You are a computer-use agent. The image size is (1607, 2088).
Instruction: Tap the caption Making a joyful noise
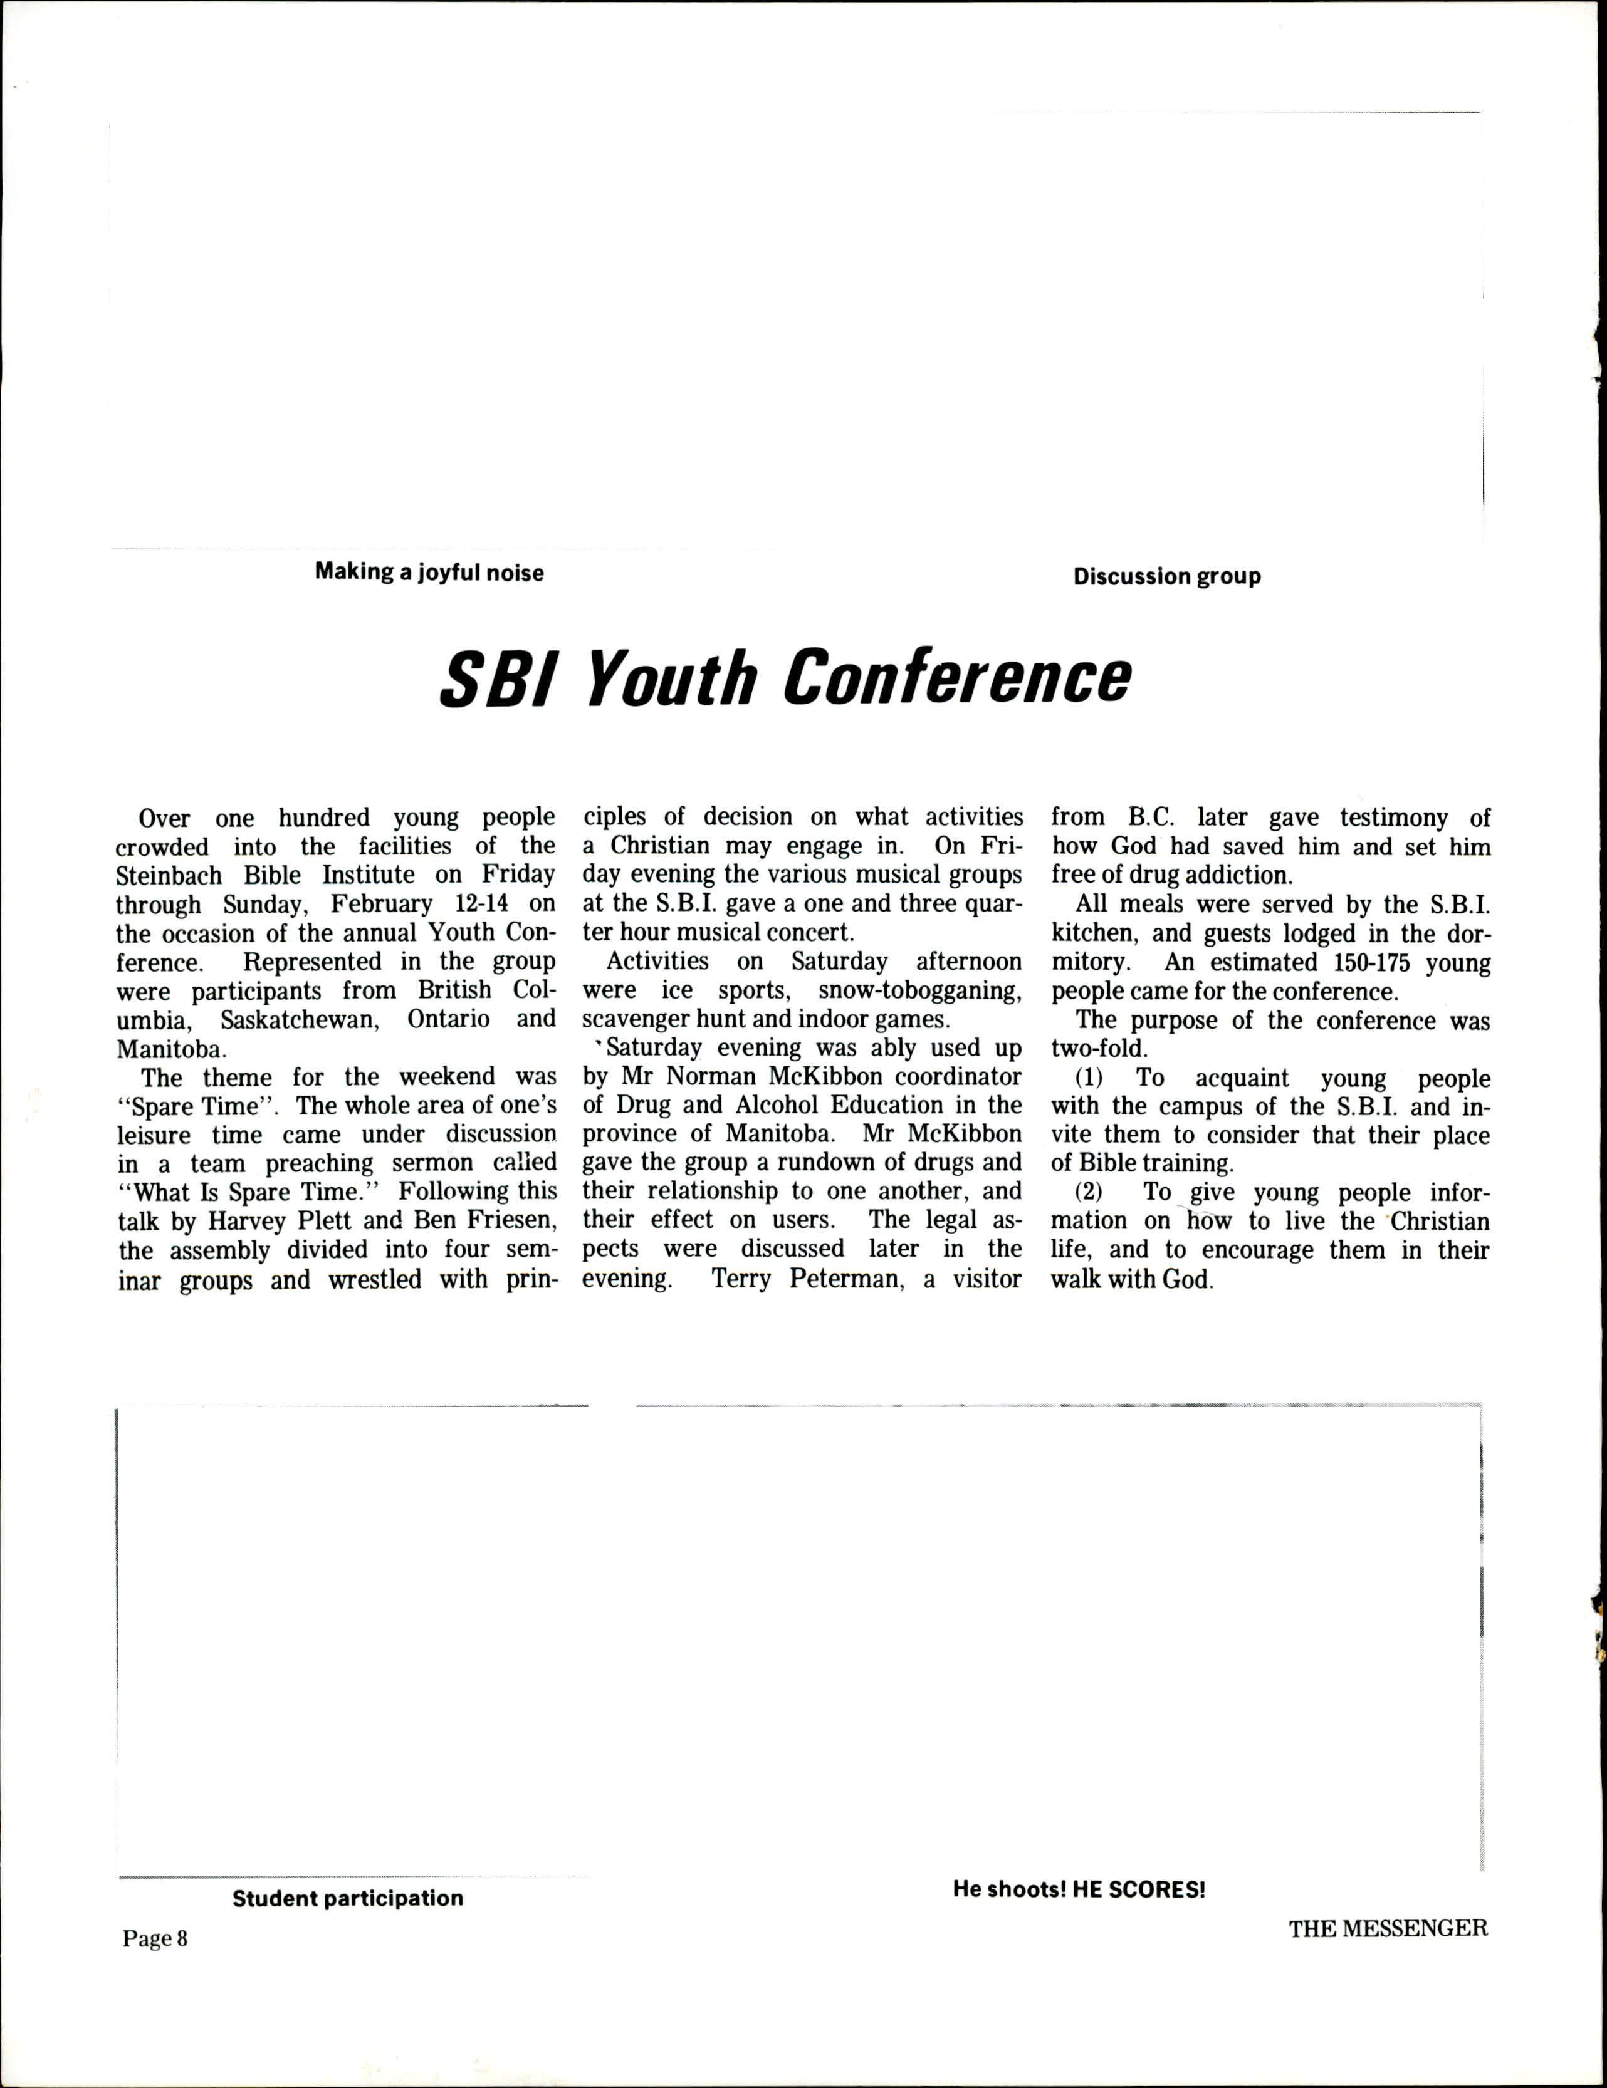[x=429, y=573]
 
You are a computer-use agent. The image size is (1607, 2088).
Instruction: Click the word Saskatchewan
[x=300, y=1019]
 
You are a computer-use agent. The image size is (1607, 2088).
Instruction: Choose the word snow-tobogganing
[x=920, y=990]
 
